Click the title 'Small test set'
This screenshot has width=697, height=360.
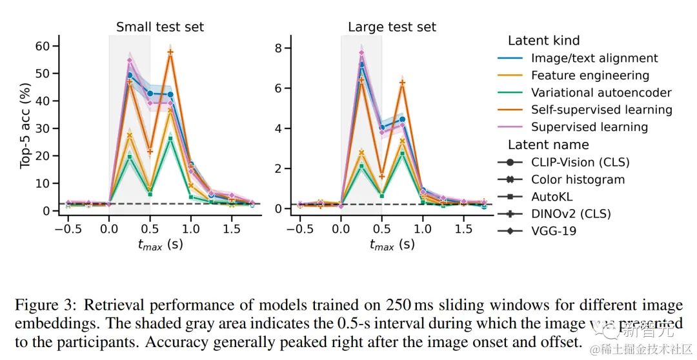pos(159,27)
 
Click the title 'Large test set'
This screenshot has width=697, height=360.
pos(392,27)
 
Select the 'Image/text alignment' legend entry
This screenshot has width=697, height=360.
pos(594,58)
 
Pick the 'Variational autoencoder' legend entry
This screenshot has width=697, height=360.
pos(601,93)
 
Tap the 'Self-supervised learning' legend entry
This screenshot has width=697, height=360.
pos(601,110)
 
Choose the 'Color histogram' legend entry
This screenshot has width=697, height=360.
pos(578,179)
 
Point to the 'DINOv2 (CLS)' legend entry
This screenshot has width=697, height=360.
pos(571,214)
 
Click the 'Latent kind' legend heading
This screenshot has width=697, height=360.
pos(543,41)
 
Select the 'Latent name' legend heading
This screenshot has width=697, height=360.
pos(548,145)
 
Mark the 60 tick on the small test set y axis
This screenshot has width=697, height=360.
pos(43,46)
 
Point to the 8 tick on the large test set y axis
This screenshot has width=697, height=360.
pos(279,48)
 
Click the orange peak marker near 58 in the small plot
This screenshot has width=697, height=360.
pos(170,52)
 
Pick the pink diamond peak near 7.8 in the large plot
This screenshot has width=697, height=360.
pos(361,53)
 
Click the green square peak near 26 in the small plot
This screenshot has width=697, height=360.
pos(170,139)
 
